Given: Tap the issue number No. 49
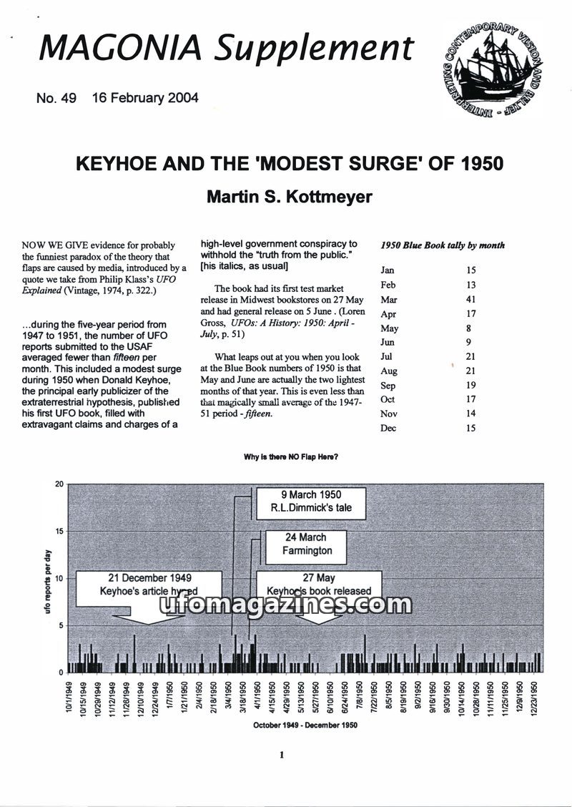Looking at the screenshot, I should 56,98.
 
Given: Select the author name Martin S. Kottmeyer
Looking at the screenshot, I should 289,196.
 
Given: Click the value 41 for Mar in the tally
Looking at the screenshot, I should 470,299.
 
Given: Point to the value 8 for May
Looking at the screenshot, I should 470,328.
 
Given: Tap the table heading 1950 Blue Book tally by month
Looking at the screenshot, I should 443,245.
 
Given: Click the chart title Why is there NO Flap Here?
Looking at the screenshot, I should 290,456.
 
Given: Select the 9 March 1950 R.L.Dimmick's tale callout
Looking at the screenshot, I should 311,502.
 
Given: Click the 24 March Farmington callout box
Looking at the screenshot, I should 307,544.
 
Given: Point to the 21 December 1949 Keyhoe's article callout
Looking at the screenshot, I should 149,585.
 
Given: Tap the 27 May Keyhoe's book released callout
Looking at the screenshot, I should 319,585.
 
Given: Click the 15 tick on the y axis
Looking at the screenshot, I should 59,531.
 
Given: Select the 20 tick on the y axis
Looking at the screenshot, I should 59,484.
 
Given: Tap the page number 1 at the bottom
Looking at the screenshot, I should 282,754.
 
